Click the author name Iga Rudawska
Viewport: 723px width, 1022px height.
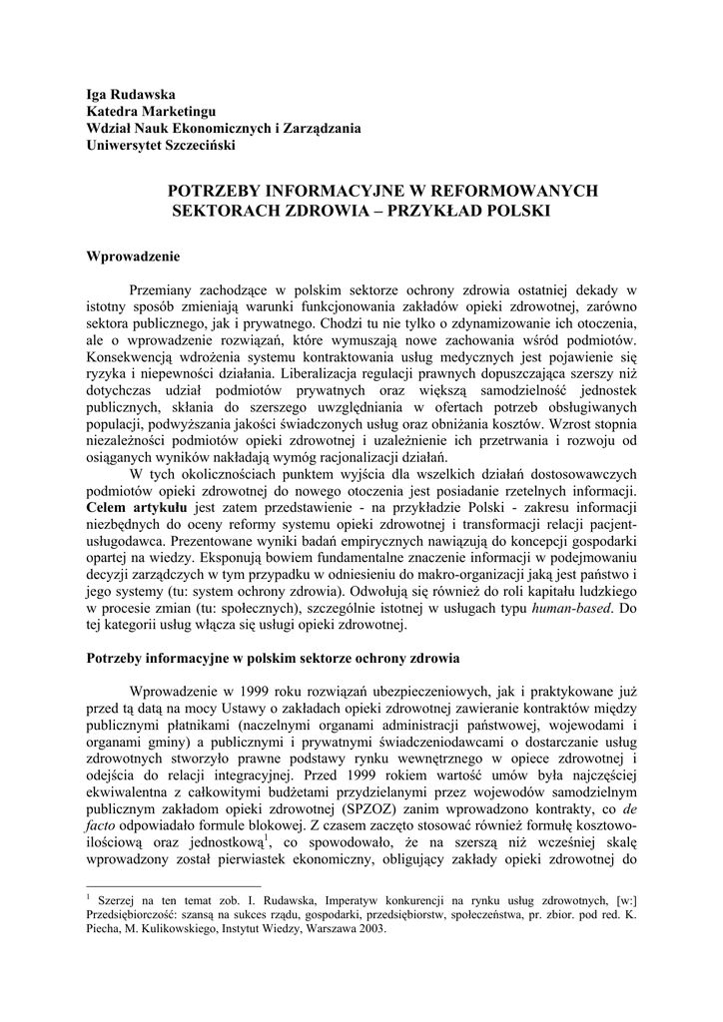click(x=131, y=93)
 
